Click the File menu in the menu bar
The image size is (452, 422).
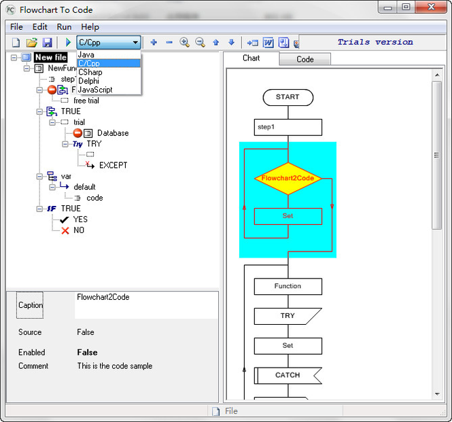(16, 27)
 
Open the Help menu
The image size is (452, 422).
(90, 27)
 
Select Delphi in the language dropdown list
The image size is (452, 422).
(89, 81)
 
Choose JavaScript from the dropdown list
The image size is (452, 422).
(95, 90)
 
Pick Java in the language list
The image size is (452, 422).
(86, 55)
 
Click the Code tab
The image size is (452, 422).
(305, 59)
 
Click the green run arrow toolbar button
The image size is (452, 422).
(68, 42)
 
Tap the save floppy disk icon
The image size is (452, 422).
(48, 42)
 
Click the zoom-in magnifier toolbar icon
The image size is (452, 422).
(184, 42)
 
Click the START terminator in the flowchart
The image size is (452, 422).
(288, 97)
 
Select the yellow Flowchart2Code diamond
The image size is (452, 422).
(288, 179)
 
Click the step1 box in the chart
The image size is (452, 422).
(288, 127)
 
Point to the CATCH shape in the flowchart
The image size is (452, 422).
(288, 375)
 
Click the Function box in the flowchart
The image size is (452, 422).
(288, 286)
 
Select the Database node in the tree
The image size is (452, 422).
(113, 133)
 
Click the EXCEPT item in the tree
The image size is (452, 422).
(114, 165)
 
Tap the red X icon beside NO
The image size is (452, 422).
(65, 230)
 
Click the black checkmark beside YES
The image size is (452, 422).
(65, 220)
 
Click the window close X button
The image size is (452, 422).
(431, 7)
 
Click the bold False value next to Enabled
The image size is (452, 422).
(88, 352)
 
